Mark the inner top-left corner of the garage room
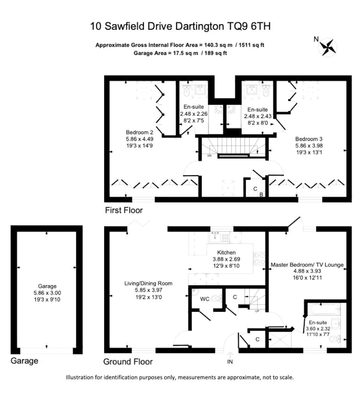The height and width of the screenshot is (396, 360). coord(17,231)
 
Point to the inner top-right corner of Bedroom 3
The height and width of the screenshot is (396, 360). coord(346,81)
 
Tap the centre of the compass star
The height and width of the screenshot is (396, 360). coord(327,47)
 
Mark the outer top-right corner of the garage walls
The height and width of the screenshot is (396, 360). coord(82,226)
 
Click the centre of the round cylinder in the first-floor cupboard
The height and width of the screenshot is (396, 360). coord(250,193)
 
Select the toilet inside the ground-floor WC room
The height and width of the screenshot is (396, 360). coord(217,298)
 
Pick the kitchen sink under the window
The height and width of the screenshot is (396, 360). coord(215,237)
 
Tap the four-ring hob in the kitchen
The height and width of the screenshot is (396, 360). coord(259,259)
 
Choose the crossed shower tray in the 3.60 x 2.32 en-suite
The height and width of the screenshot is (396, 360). coord(280,340)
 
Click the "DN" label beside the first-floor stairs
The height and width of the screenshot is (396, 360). coord(209,156)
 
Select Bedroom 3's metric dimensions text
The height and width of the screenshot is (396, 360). coord(309,146)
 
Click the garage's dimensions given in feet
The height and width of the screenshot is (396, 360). coord(47,300)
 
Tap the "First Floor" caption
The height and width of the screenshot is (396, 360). coord(124,210)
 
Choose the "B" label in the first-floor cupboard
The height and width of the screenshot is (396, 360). coord(261,195)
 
